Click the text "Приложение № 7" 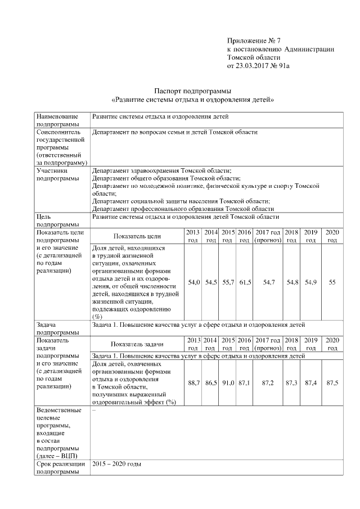click(x=254, y=41)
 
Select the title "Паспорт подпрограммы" click(x=193, y=91)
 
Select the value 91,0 click(x=228, y=382)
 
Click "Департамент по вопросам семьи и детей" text click(x=175, y=132)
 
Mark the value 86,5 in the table click(x=211, y=382)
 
